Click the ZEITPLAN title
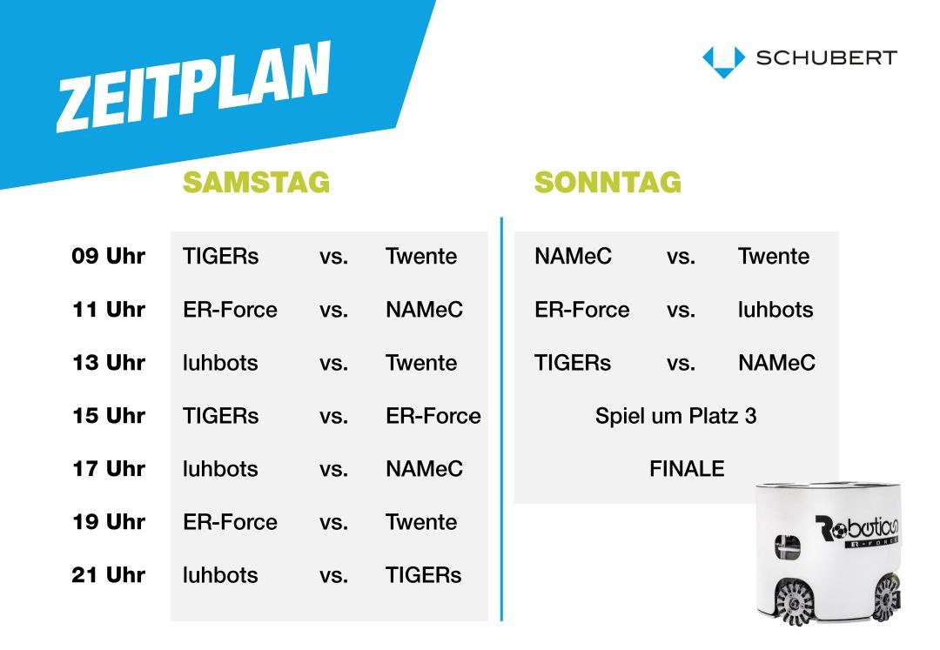[x=193, y=86]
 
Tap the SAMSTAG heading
[x=256, y=182]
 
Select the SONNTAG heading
[x=608, y=182]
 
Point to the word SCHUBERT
[x=826, y=58]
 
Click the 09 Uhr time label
[x=109, y=256]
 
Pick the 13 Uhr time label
[x=109, y=363]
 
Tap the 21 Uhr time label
[x=109, y=575]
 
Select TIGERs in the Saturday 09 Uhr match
[x=220, y=257]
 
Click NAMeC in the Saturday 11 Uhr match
[x=425, y=310]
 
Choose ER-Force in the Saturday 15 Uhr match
[x=433, y=416]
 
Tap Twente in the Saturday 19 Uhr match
[x=421, y=522]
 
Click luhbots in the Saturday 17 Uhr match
[x=220, y=469]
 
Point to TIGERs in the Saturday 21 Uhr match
[x=423, y=575]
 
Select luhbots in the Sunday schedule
[x=775, y=310]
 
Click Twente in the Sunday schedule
[x=774, y=257]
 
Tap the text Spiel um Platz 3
[x=675, y=416]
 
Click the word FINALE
[x=687, y=468]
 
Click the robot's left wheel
[x=795, y=601]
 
